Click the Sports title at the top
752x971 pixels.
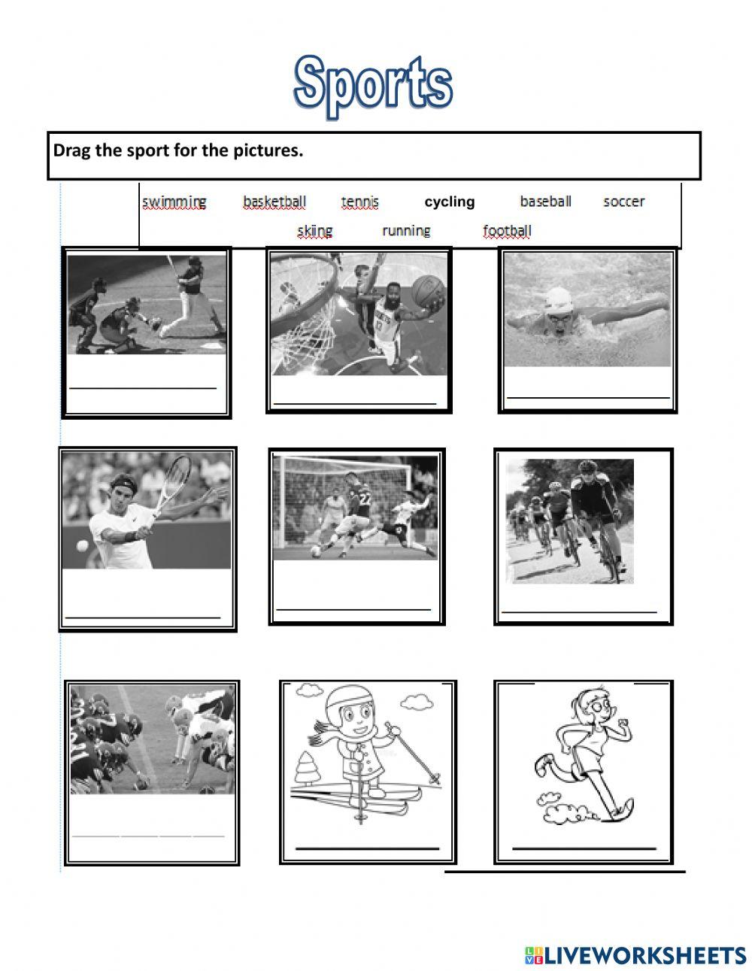point(373,84)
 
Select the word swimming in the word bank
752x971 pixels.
point(174,202)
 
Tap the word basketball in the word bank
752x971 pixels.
point(274,202)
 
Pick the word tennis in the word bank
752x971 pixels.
point(360,202)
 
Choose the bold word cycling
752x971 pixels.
point(450,202)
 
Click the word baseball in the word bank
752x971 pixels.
point(545,201)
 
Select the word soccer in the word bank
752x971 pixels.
point(623,201)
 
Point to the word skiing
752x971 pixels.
point(314,231)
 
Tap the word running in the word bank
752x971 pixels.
point(406,231)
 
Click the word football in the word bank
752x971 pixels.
point(507,231)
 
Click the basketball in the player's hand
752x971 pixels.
point(429,290)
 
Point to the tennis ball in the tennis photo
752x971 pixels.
point(82,545)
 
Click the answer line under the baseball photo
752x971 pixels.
point(143,388)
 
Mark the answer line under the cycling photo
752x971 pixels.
point(579,612)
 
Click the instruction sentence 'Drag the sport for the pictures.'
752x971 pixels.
point(178,150)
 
